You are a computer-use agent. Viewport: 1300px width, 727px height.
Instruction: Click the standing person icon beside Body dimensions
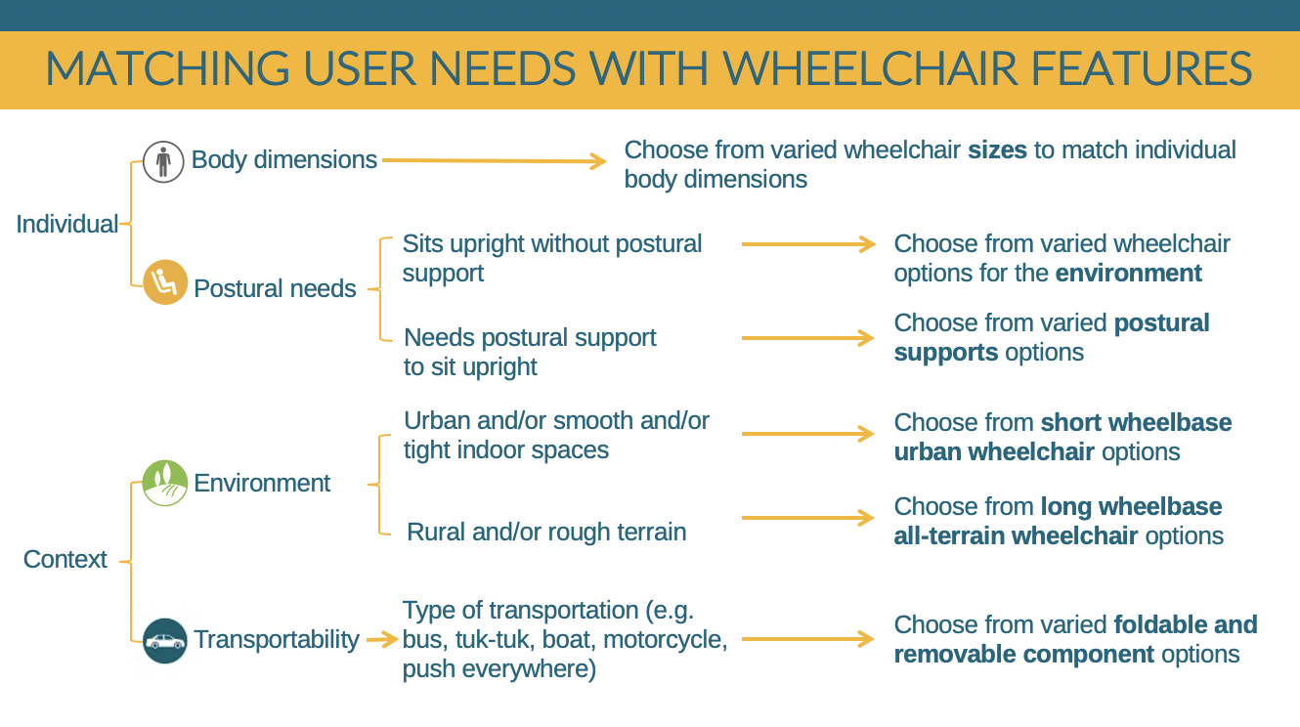coord(163,162)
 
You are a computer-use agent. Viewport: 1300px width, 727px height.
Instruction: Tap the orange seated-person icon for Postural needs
coord(165,282)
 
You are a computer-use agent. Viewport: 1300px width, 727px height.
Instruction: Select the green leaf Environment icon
coord(165,484)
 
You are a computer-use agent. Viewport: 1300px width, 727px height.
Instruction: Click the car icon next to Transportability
coord(165,641)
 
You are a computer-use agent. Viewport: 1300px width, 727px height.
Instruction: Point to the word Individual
coord(66,224)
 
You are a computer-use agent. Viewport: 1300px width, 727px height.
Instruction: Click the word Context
coord(65,559)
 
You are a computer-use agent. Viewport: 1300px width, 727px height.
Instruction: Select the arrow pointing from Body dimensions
coord(495,160)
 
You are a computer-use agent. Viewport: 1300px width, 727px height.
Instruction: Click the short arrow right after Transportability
coord(382,640)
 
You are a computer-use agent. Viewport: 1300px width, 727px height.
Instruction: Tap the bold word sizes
coord(997,150)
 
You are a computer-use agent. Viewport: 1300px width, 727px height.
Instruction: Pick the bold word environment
coord(1129,274)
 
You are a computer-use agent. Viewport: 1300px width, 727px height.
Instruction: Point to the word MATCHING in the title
coord(167,68)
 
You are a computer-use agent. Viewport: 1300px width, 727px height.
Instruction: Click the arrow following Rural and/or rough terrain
coord(808,518)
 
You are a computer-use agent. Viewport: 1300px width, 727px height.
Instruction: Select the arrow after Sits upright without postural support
coord(808,244)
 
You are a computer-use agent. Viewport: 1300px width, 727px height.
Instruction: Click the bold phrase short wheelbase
coord(1136,422)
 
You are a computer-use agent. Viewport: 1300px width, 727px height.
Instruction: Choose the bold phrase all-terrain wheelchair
coord(1016,536)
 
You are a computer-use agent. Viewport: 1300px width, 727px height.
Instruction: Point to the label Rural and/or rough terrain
coord(546,532)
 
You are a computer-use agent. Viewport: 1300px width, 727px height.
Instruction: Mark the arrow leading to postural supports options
coord(808,338)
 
